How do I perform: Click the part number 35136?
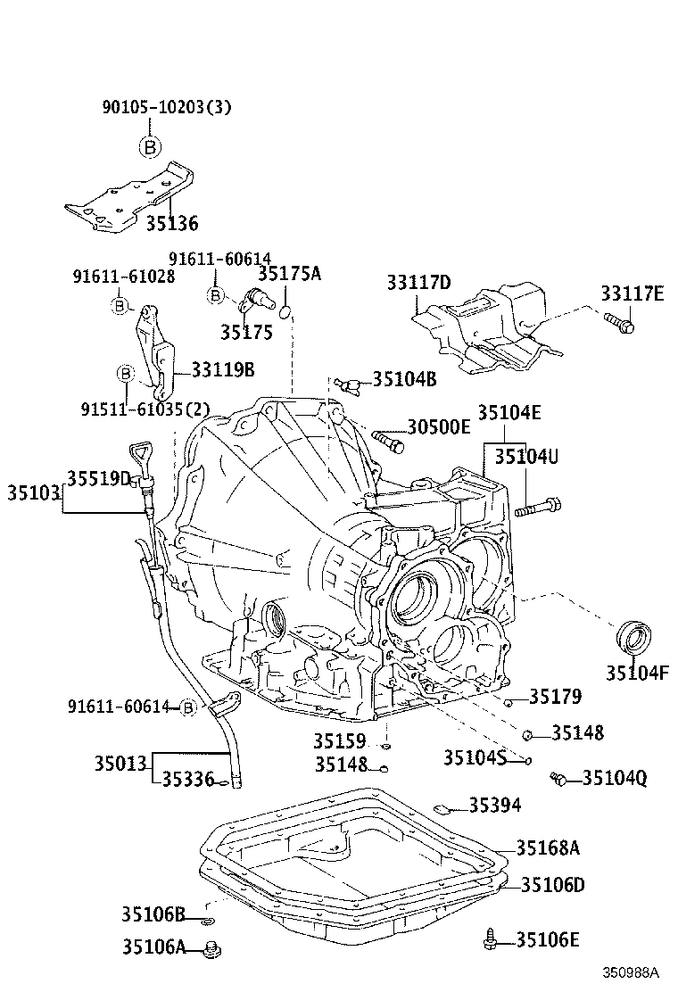pos(172,223)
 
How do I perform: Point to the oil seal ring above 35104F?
pos(634,639)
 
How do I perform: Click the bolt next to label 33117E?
pos(619,322)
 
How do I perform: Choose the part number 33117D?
pos(418,284)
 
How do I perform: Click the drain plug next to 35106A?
pos(211,949)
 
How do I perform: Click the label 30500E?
pos(438,427)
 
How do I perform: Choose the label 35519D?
pos(99,479)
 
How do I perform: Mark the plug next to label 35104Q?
pos(559,779)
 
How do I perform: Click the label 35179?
pos(555,696)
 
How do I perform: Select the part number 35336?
pos(188,780)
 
